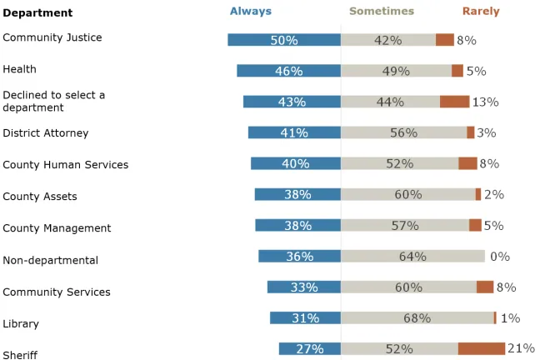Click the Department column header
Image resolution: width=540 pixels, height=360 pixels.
click(37, 12)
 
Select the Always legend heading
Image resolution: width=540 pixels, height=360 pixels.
click(251, 12)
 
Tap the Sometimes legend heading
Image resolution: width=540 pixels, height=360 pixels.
click(381, 12)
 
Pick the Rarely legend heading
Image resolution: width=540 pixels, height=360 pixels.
click(481, 12)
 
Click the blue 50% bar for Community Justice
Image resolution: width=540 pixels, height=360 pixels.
click(284, 40)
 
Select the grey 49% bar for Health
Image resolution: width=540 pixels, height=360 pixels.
click(396, 71)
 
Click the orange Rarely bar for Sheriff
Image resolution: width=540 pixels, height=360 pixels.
click(482, 348)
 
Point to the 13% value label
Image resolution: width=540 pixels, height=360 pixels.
click(485, 102)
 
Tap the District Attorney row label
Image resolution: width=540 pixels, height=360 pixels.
click(45, 133)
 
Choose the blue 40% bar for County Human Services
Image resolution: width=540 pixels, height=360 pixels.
click(296, 163)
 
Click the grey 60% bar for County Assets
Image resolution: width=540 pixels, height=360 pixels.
click(407, 194)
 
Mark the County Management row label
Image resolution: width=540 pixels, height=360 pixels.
click(57, 228)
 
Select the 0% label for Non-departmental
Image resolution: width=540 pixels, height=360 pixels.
click(500, 257)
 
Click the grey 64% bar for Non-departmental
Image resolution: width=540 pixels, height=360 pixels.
click(412, 257)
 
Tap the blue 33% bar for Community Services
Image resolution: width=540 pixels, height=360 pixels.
click(304, 287)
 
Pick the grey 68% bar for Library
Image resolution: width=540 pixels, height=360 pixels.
click(417, 317)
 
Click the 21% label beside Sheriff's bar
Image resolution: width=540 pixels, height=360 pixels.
click(521, 348)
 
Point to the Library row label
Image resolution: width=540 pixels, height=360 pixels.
click(21, 324)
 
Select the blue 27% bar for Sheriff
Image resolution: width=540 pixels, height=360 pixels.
click(310, 348)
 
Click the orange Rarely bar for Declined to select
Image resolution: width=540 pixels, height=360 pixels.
click(455, 102)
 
